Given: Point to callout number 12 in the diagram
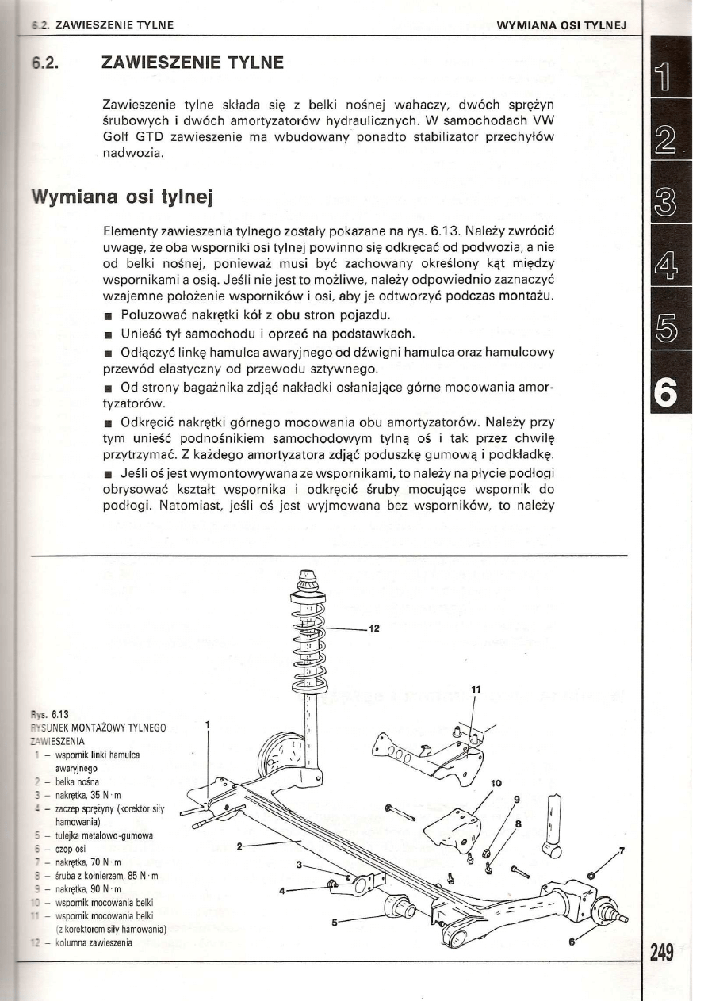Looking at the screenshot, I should pyautogui.click(x=373, y=629).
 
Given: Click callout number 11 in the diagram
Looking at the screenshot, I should pyautogui.click(x=475, y=690).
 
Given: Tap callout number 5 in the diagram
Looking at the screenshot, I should pyautogui.click(x=335, y=923).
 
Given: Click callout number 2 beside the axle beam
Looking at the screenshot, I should pyautogui.click(x=240, y=846).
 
